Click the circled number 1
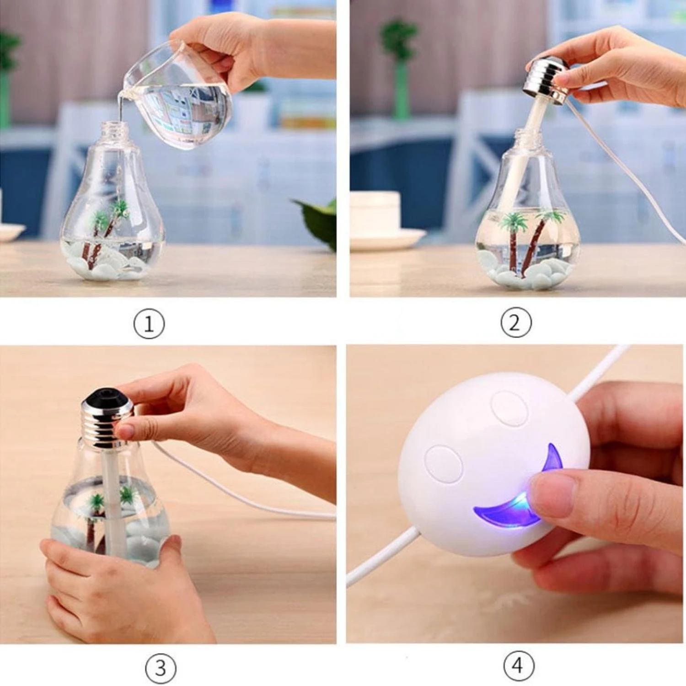[149, 323]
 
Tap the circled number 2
[516, 322]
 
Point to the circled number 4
[518, 665]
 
